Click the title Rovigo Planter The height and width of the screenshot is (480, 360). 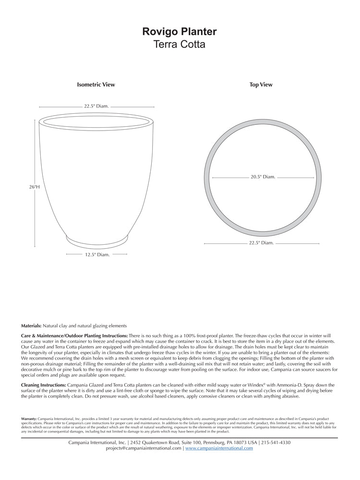click(180, 32)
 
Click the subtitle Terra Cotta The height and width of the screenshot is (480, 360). click(180, 45)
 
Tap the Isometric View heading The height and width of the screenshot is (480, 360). click(96, 85)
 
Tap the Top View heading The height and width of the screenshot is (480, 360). click(261, 85)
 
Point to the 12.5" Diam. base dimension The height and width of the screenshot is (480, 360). click(97, 255)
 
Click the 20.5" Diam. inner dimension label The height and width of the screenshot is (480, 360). click(263, 177)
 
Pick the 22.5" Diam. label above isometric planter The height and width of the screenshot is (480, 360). click(96, 106)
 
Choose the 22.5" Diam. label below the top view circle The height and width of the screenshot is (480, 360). click(261, 243)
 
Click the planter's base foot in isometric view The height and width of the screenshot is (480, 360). click(97, 240)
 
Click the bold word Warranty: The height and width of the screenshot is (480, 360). click(29, 419)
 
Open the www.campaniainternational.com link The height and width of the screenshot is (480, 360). click(219, 448)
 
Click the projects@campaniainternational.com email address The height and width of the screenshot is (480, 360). click(144, 448)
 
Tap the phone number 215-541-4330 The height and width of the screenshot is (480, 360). click(276, 443)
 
